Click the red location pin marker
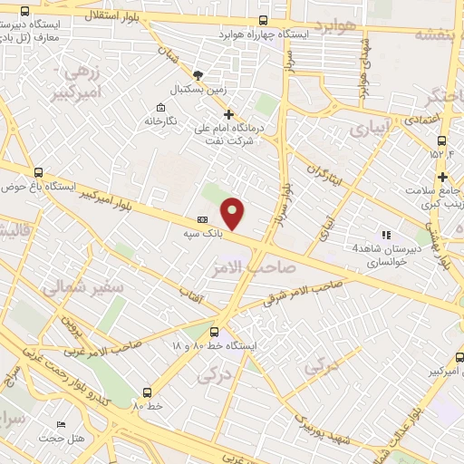pyautogui.click(x=234, y=212)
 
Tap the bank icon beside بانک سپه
pyautogui.click(x=202, y=219)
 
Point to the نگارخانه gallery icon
pyautogui.click(x=159, y=106)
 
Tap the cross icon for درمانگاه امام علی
pyautogui.click(x=228, y=115)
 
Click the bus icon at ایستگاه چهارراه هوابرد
pyautogui.click(x=263, y=20)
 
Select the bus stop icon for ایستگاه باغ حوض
pyautogui.click(x=38, y=171)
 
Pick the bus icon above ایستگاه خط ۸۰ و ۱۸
pyautogui.click(x=214, y=332)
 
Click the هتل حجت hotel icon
pyautogui.click(x=61, y=424)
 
